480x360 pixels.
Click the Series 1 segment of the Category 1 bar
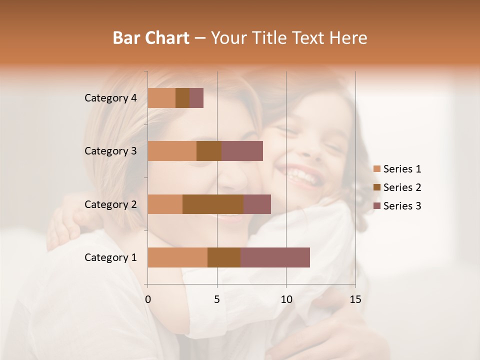click(177, 257)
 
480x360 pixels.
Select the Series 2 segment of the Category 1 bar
click(224, 257)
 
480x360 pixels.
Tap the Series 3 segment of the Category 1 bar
click(275, 257)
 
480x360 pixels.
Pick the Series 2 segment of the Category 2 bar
click(213, 204)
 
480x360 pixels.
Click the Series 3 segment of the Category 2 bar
click(257, 204)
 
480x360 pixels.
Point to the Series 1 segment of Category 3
click(172, 151)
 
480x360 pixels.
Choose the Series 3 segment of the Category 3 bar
click(242, 151)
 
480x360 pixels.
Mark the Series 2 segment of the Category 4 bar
click(182, 98)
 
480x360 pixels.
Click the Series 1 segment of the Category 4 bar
click(161, 98)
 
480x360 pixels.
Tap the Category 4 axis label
click(110, 98)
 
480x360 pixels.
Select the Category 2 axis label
click(110, 204)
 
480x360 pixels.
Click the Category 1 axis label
click(110, 257)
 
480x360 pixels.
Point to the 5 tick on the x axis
click(217, 299)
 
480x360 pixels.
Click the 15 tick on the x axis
click(355, 299)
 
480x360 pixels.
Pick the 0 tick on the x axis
click(148, 299)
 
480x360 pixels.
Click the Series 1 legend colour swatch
click(377, 169)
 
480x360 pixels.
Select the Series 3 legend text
click(402, 206)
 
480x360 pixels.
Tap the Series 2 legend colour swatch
click(377, 187)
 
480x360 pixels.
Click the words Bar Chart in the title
click(151, 38)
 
